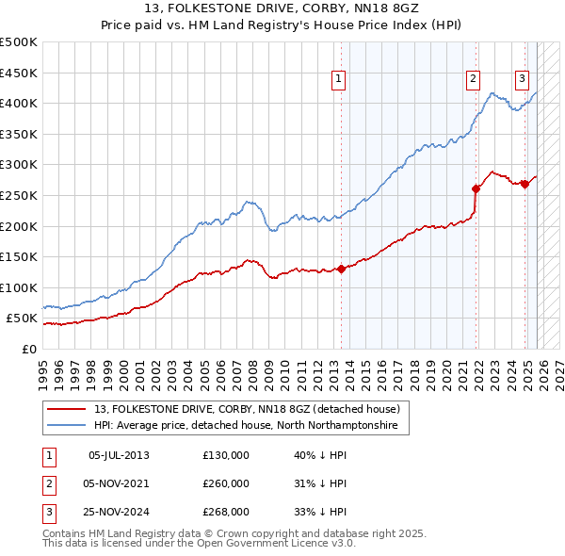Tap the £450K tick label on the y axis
[19, 73]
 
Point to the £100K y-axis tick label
[19, 287]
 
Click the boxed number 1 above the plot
[338, 80]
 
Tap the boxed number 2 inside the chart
[473, 80]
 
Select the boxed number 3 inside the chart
[522, 80]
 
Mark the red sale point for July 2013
[341, 269]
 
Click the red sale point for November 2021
[476, 188]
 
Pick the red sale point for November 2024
[525, 184]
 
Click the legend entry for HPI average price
[245, 426]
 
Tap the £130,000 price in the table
[226, 455]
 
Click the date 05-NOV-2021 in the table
[119, 483]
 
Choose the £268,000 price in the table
[226, 512]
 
